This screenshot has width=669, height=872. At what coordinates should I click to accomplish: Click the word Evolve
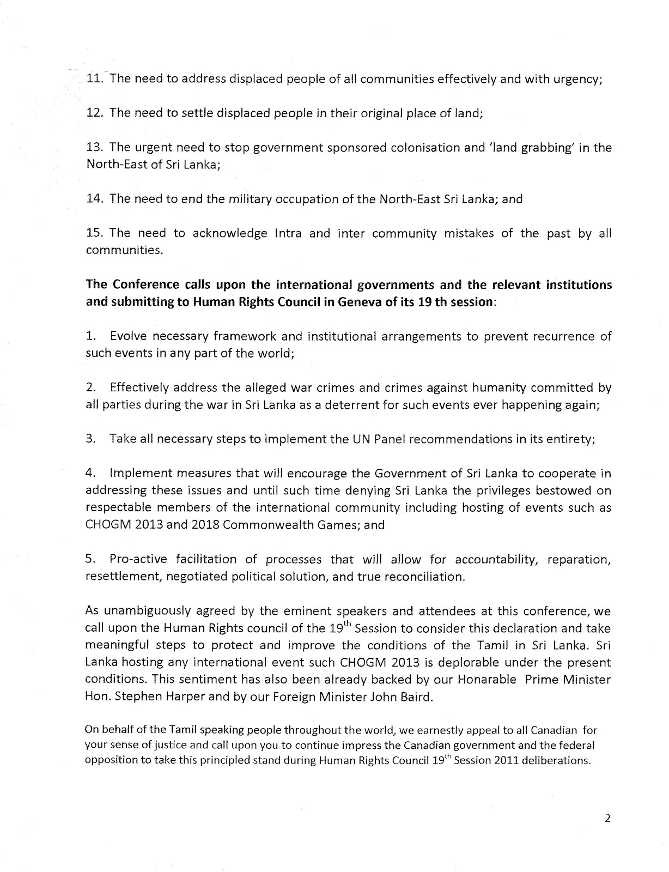(130, 336)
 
